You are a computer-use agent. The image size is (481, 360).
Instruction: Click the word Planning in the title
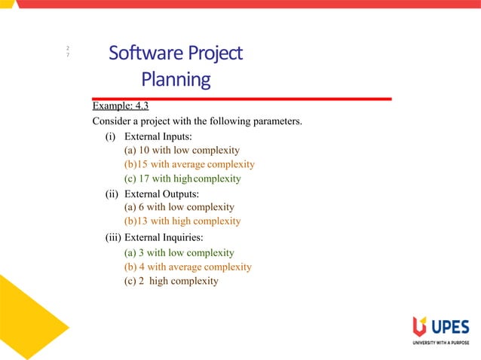point(176,79)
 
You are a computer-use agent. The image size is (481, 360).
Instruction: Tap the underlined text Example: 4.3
point(120,105)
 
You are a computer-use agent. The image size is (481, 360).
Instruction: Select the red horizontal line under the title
point(241,99)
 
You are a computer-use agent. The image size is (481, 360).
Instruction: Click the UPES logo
point(441,327)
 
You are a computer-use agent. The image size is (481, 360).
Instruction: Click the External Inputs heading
point(149,136)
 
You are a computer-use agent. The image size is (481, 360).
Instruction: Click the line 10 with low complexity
point(181,150)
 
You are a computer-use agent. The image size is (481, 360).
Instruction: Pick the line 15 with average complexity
point(188,164)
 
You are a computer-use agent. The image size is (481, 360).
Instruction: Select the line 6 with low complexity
point(179,207)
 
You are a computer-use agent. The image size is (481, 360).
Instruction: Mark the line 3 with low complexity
point(179,253)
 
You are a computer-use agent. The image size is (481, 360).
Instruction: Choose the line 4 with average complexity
point(187,267)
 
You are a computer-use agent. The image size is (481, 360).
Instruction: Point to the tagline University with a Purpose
point(440,343)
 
